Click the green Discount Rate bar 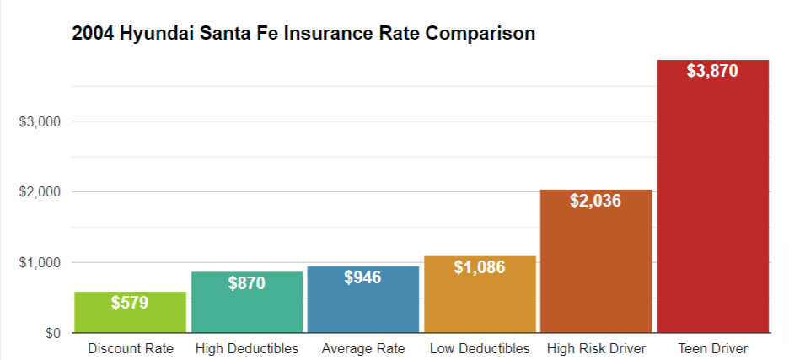131,312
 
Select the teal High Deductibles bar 247,302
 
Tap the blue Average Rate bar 363,299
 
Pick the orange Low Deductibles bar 480,294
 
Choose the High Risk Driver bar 596,261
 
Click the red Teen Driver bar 713,196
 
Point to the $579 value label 130,303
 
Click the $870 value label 246,283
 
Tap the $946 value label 362,277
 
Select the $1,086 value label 480,267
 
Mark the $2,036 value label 596,201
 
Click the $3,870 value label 712,71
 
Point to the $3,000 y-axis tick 40,122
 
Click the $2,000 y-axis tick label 40,192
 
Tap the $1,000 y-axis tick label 40,263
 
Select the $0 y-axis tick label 53,333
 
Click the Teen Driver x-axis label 713,348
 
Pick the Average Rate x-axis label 363,348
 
